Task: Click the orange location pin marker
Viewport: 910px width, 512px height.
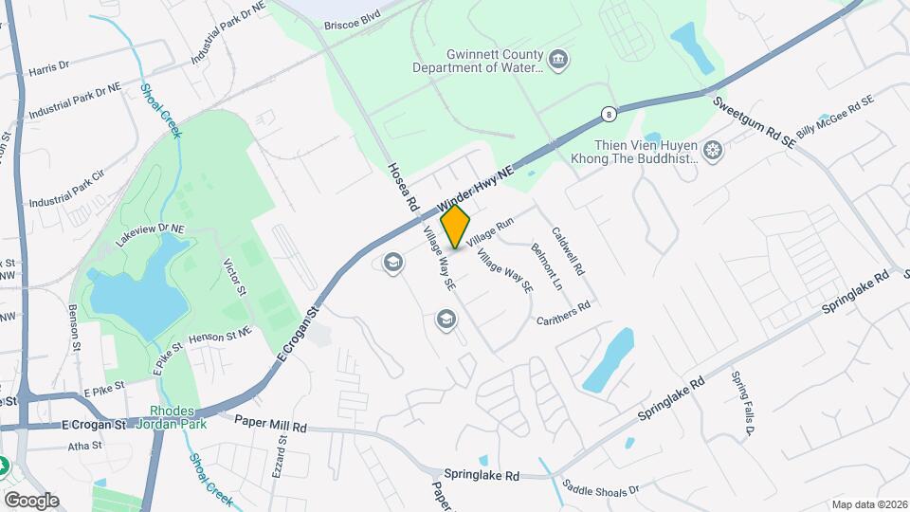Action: tap(455, 226)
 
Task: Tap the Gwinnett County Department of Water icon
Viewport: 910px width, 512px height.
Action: tap(559, 62)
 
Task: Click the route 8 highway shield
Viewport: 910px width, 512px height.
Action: tap(608, 115)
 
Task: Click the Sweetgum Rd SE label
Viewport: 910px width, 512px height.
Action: tap(754, 121)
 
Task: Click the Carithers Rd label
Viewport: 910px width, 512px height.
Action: tap(563, 312)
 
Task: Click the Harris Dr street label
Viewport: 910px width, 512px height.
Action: tap(49, 67)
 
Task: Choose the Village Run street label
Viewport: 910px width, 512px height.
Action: tap(489, 228)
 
